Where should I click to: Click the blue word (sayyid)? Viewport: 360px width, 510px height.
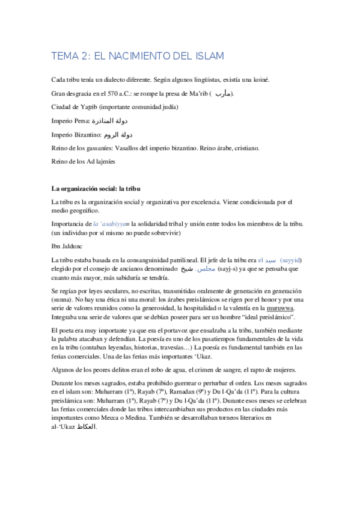(296, 259)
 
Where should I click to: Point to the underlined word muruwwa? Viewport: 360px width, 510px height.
(263, 308)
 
